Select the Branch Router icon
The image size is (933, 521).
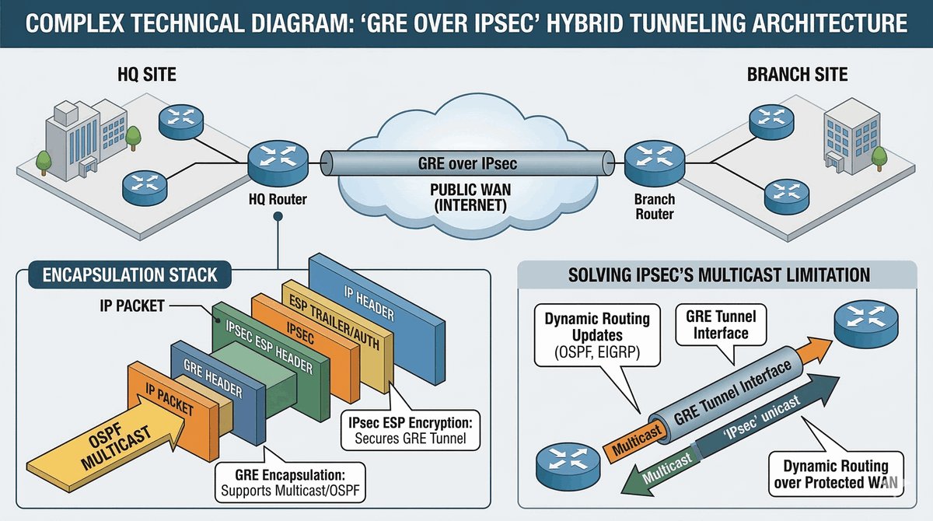point(655,163)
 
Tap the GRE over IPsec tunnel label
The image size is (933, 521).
point(467,163)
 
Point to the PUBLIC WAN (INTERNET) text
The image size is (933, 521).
point(470,198)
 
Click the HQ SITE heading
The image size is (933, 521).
point(147,75)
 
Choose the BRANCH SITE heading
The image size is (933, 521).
point(797,75)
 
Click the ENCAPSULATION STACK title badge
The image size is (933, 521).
point(130,274)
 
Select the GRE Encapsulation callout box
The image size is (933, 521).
point(290,482)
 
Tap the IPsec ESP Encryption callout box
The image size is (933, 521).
point(411,430)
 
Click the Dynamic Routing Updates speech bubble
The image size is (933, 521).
point(597,336)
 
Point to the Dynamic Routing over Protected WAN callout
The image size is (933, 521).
point(836,474)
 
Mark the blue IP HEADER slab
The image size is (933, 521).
point(377,319)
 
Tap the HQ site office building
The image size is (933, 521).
point(86,138)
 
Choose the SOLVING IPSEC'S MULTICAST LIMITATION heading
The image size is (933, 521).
point(719,274)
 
